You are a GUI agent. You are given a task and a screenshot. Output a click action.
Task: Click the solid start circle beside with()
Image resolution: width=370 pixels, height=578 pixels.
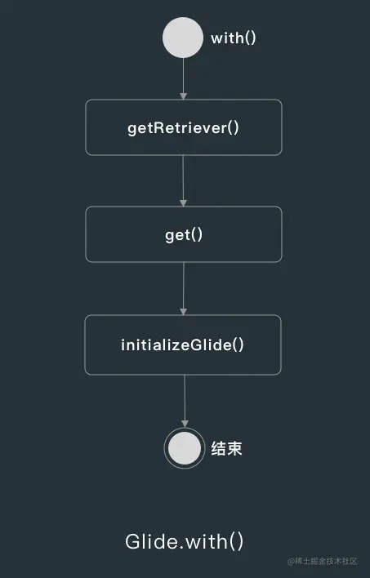(183, 38)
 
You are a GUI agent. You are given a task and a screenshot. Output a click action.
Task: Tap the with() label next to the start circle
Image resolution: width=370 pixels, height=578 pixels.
(233, 38)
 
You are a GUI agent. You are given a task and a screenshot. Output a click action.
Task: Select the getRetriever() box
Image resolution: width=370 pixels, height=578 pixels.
(184, 127)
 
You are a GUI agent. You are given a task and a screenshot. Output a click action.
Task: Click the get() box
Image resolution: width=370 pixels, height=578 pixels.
(184, 234)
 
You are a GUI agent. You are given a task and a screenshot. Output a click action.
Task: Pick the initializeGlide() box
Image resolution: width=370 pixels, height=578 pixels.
(183, 345)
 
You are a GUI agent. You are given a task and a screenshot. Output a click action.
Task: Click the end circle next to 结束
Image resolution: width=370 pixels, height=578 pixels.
(184, 448)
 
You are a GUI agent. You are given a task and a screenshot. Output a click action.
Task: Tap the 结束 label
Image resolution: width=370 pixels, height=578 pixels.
(226, 449)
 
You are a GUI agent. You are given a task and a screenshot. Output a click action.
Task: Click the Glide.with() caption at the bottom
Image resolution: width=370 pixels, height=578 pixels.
(184, 541)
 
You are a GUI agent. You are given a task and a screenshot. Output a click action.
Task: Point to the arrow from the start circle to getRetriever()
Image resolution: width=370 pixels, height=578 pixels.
(183, 79)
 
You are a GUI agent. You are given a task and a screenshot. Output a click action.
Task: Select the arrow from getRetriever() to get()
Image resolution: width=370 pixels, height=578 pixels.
(183, 180)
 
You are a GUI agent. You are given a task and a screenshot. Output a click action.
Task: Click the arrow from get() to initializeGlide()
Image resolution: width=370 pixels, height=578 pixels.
(183, 289)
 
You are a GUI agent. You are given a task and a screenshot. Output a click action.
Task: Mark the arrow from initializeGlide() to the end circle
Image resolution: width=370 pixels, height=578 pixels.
(185, 402)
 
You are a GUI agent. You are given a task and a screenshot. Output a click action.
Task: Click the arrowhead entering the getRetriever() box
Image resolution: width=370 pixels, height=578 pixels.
(183, 96)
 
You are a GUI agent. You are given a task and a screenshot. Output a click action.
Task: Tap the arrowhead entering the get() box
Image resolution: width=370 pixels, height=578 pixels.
(183, 203)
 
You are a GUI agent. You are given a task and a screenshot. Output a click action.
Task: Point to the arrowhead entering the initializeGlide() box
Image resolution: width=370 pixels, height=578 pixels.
(183, 312)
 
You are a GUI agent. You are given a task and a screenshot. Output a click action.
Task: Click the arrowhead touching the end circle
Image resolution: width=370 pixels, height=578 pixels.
(185, 425)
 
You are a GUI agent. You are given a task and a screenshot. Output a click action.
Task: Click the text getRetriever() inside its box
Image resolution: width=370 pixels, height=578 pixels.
(183, 128)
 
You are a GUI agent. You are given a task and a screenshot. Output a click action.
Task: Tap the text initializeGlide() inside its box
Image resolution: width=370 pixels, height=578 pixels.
(183, 345)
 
